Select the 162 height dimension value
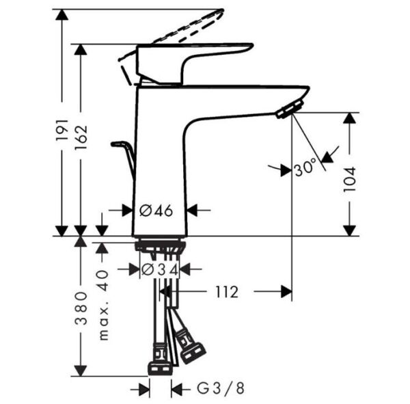(x=81, y=141)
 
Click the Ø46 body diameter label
(x=158, y=210)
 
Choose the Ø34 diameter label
(x=161, y=270)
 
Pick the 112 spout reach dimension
(x=224, y=293)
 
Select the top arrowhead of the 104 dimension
(x=350, y=118)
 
